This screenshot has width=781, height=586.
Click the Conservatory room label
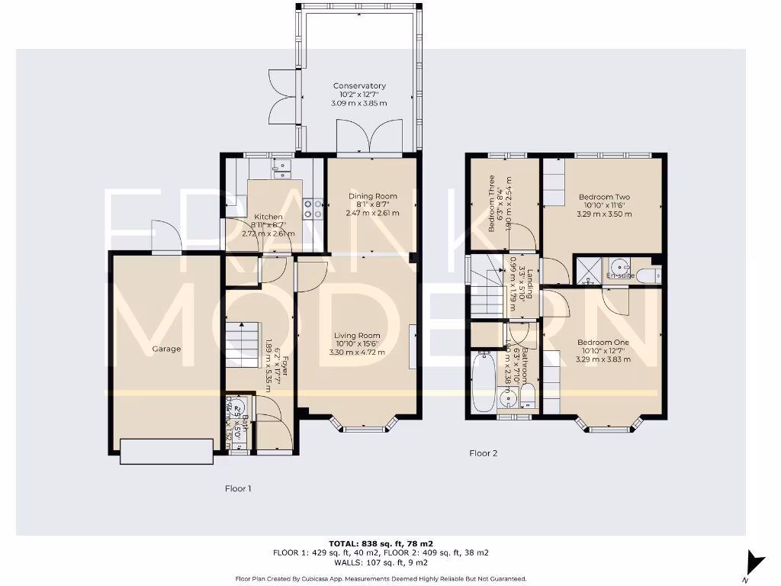pyautogui.click(x=359, y=86)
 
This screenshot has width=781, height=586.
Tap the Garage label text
pyautogui.click(x=166, y=349)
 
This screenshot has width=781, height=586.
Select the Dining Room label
pyautogui.click(x=372, y=197)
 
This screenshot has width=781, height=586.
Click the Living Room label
pyautogui.click(x=357, y=335)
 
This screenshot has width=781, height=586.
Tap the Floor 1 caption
pyautogui.click(x=238, y=488)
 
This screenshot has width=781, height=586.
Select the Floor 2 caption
pyautogui.click(x=484, y=453)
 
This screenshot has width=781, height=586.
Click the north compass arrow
pyautogui.click(x=755, y=563)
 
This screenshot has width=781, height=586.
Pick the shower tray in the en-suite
pyautogui.click(x=588, y=269)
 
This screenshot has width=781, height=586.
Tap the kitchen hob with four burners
pyautogui.click(x=313, y=208)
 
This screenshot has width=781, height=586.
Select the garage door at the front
pyautogui.click(x=166, y=451)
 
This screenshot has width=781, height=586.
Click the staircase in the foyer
pyautogui.click(x=243, y=345)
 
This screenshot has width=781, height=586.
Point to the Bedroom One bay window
pyautogui.click(x=608, y=427)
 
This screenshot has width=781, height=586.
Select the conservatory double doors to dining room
pyautogui.click(x=370, y=138)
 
